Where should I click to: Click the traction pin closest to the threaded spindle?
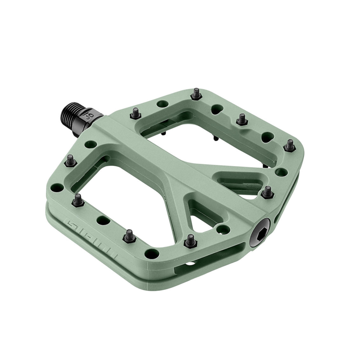[x=136, y=112]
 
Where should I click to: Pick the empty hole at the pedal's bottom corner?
[x=151, y=252]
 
